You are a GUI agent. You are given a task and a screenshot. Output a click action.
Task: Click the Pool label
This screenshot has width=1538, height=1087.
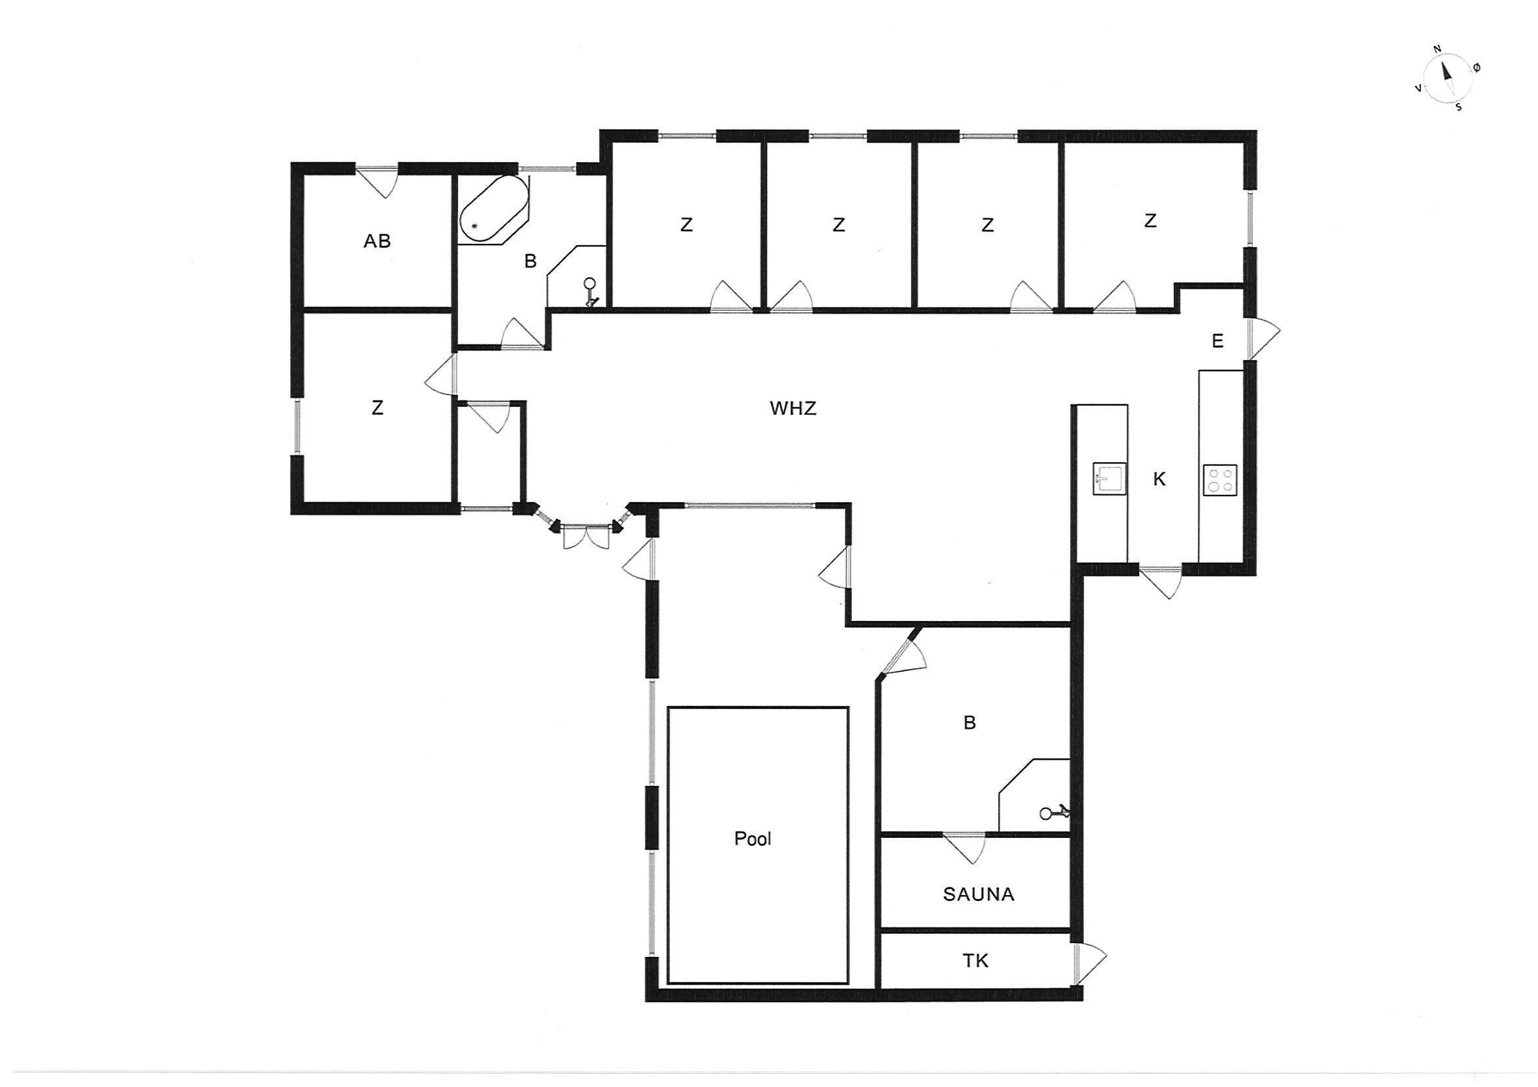[x=753, y=839]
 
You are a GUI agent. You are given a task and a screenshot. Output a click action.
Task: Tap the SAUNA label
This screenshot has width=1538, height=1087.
[x=979, y=894]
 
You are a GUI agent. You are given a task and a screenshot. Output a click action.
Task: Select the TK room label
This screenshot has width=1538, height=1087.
[x=975, y=961]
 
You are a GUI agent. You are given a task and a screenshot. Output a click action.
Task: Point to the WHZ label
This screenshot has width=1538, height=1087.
[x=793, y=409]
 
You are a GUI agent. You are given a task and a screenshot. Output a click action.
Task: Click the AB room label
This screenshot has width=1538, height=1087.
[x=377, y=241]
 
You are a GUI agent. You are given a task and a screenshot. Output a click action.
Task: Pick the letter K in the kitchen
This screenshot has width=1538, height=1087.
[x=1159, y=479]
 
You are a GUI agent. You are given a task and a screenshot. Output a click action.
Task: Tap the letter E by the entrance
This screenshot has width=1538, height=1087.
[x=1218, y=342]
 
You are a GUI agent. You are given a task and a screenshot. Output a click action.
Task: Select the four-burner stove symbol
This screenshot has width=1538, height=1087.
[x=1221, y=480]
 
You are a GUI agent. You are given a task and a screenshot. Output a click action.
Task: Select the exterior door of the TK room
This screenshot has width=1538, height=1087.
[x=1088, y=963]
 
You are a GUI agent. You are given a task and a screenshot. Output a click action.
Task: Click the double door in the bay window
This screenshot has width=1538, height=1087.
[x=587, y=537]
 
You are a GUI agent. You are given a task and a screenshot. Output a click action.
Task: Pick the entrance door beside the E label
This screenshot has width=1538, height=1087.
[x=1263, y=338]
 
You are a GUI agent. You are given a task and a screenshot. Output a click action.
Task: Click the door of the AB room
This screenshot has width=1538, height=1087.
[x=377, y=181]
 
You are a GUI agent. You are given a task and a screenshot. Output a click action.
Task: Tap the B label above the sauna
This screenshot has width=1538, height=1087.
[x=969, y=724]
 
